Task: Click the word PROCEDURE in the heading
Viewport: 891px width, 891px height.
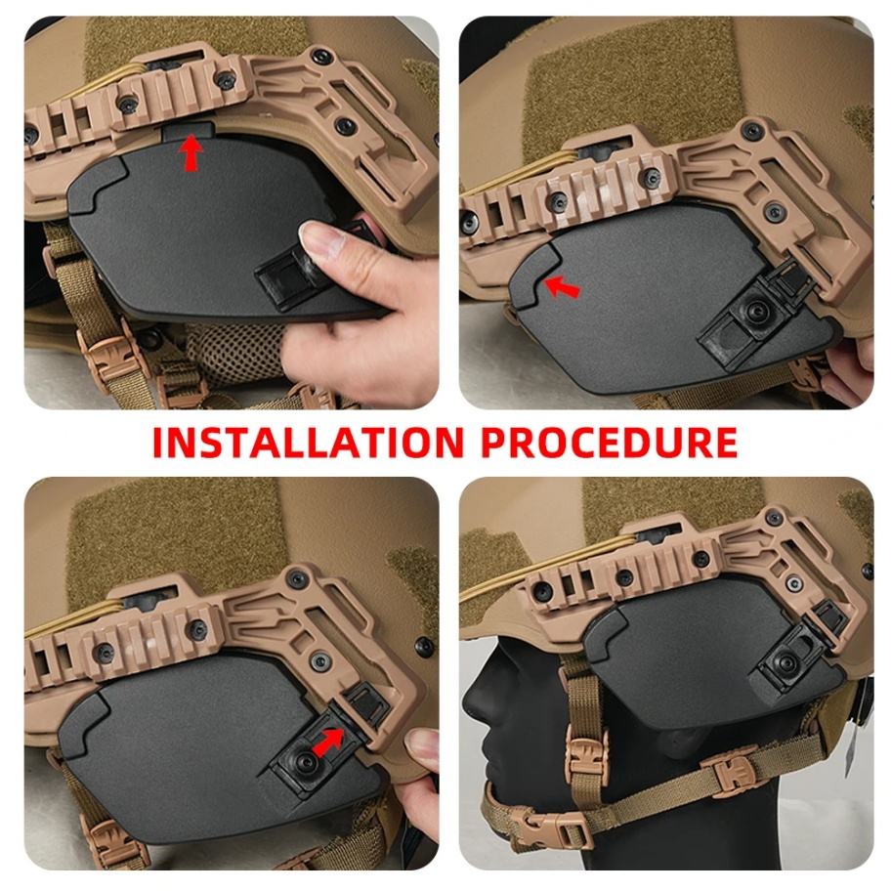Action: click(x=610, y=443)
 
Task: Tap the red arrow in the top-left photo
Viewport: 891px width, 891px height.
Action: click(x=192, y=152)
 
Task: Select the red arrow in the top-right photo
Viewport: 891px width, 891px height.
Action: click(x=562, y=286)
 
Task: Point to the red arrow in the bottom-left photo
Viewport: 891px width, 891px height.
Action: click(x=328, y=743)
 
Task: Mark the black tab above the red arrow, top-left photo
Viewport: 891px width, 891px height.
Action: click(x=188, y=131)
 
